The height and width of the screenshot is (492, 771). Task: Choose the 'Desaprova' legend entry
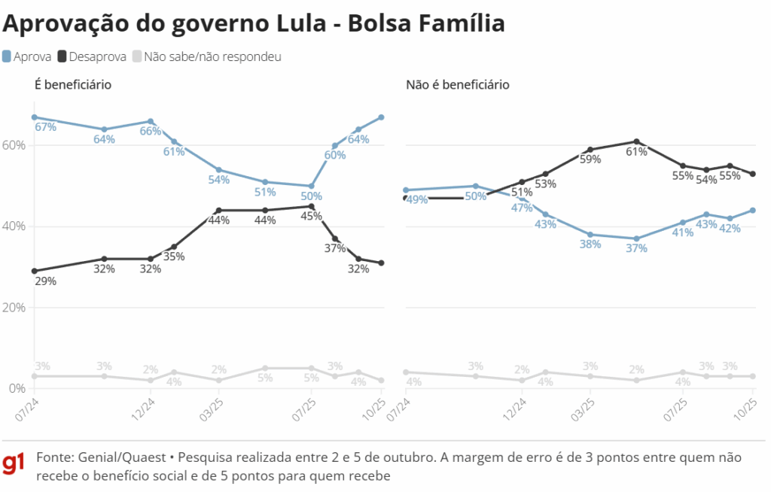point(96,56)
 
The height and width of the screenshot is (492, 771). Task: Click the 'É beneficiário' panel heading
point(73,84)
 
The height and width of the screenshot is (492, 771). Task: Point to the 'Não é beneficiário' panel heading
point(457,84)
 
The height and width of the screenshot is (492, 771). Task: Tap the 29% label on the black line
point(45,281)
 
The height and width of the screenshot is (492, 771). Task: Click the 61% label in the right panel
point(636,151)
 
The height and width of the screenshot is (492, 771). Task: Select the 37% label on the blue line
point(636,248)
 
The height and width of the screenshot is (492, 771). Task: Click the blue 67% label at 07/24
point(45,126)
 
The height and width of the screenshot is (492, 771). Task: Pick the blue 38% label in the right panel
point(590,244)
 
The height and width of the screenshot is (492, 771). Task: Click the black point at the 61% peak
point(636,141)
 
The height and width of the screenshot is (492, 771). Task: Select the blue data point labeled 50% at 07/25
point(312,186)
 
